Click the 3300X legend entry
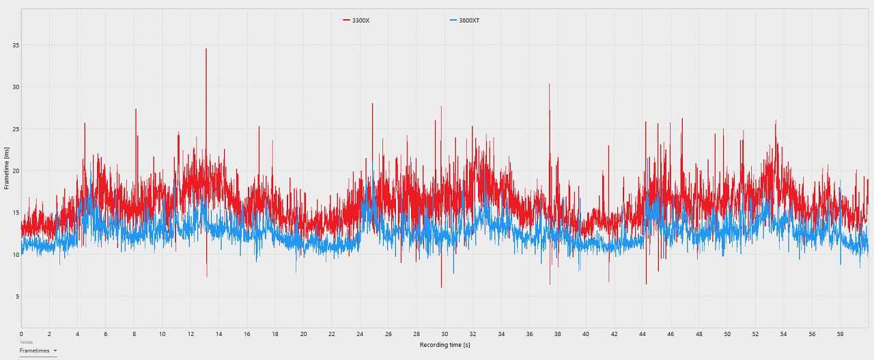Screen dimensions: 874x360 (x=356, y=20)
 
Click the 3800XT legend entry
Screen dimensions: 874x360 (x=465, y=20)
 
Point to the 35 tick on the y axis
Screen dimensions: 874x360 (x=16, y=45)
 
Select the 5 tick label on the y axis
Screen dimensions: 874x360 (x=18, y=296)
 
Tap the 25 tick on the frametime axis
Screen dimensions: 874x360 (x=16, y=129)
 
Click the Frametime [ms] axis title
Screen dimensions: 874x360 (x=6, y=168)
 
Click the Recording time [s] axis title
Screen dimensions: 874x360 (x=445, y=345)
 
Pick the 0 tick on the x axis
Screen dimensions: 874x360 (x=21, y=334)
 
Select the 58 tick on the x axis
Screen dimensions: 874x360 (x=840, y=334)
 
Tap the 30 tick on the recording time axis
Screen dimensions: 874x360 (x=445, y=334)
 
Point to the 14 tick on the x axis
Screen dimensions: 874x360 (x=219, y=334)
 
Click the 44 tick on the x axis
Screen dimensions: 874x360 (x=643, y=334)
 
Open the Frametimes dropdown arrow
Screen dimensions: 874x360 (x=55, y=350)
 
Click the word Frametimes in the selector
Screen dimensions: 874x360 (x=34, y=350)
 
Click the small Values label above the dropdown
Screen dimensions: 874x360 (x=26, y=342)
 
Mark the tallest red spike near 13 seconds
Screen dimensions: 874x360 (x=206, y=49)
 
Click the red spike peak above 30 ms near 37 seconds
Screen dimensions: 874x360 (x=549, y=84)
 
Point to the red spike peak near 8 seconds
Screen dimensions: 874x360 (x=136, y=109)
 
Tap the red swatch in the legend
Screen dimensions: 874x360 (x=346, y=20)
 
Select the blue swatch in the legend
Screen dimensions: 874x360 (x=453, y=20)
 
